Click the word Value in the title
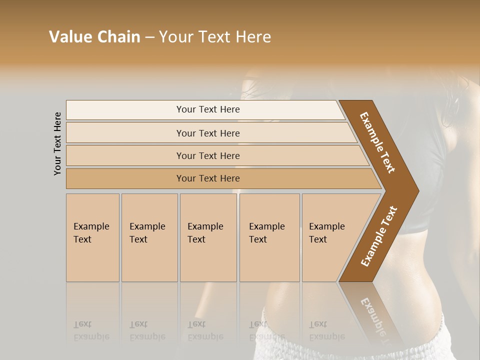click(x=70, y=37)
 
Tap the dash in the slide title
click(x=149, y=37)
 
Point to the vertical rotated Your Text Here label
click(x=57, y=143)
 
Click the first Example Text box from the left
click(x=92, y=237)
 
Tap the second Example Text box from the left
click(x=149, y=237)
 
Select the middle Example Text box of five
click(x=208, y=237)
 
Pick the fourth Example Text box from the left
click(x=269, y=237)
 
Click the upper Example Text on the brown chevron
click(x=377, y=142)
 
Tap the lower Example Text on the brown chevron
click(x=379, y=236)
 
